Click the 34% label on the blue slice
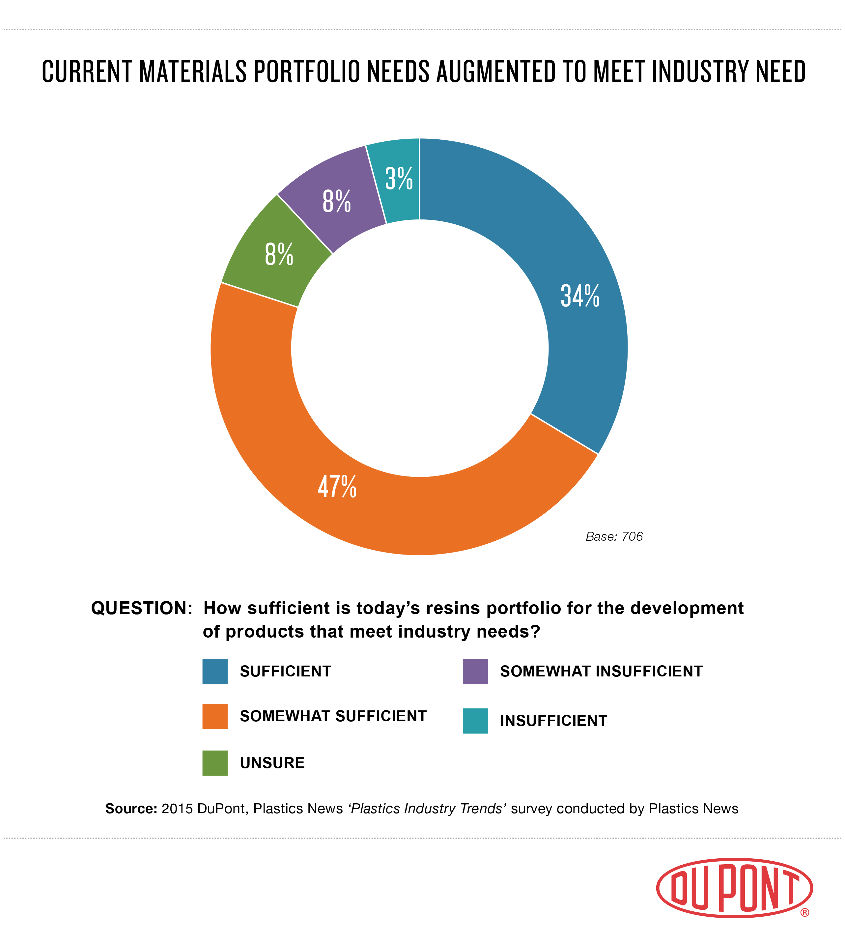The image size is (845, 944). point(580,296)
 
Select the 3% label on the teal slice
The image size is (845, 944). point(399,179)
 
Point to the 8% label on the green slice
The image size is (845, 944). point(279,254)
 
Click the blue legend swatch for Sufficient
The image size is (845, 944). point(215,672)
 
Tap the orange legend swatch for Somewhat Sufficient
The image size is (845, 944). point(215,716)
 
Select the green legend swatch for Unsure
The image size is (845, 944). point(215,763)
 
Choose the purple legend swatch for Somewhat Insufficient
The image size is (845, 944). point(475,672)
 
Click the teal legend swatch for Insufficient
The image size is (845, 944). point(475,721)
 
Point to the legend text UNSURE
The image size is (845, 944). point(272,763)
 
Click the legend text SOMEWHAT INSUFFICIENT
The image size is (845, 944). point(601,672)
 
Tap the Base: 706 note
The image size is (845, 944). point(614,537)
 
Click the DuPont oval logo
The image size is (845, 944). point(734,888)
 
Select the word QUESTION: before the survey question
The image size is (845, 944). point(142,608)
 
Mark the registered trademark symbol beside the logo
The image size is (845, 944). point(804,912)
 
